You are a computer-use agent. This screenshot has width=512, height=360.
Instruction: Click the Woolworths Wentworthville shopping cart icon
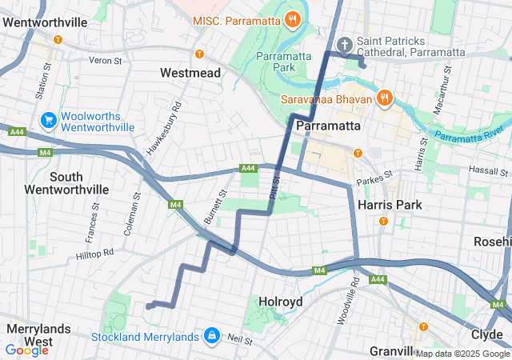click(x=49, y=119)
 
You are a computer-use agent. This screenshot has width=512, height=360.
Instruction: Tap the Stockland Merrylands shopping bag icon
click(x=212, y=334)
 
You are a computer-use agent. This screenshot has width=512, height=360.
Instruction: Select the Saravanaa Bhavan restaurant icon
click(x=384, y=98)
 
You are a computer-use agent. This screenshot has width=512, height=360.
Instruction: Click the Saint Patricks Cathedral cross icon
click(x=346, y=43)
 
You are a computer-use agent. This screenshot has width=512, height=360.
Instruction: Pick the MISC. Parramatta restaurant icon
click(x=293, y=18)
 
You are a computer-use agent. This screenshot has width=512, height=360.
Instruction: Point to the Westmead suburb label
click(x=190, y=73)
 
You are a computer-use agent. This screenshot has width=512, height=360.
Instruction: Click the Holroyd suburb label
click(x=280, y=301)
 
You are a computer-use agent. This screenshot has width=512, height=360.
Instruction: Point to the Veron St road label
click(x=105, y=60)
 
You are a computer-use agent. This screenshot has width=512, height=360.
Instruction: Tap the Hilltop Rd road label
click(x=95, y=253)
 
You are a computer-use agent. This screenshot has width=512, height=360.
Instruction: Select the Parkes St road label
click(x=376, y=175)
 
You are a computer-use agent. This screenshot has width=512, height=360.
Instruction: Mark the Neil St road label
click(x=240, y=340)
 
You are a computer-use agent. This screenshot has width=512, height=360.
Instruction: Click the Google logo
click(x=26, y=350)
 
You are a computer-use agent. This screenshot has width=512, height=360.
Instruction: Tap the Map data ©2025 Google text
click(x=462, y=354)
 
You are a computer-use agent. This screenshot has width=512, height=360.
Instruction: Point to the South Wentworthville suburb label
click(x=66, y=182)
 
